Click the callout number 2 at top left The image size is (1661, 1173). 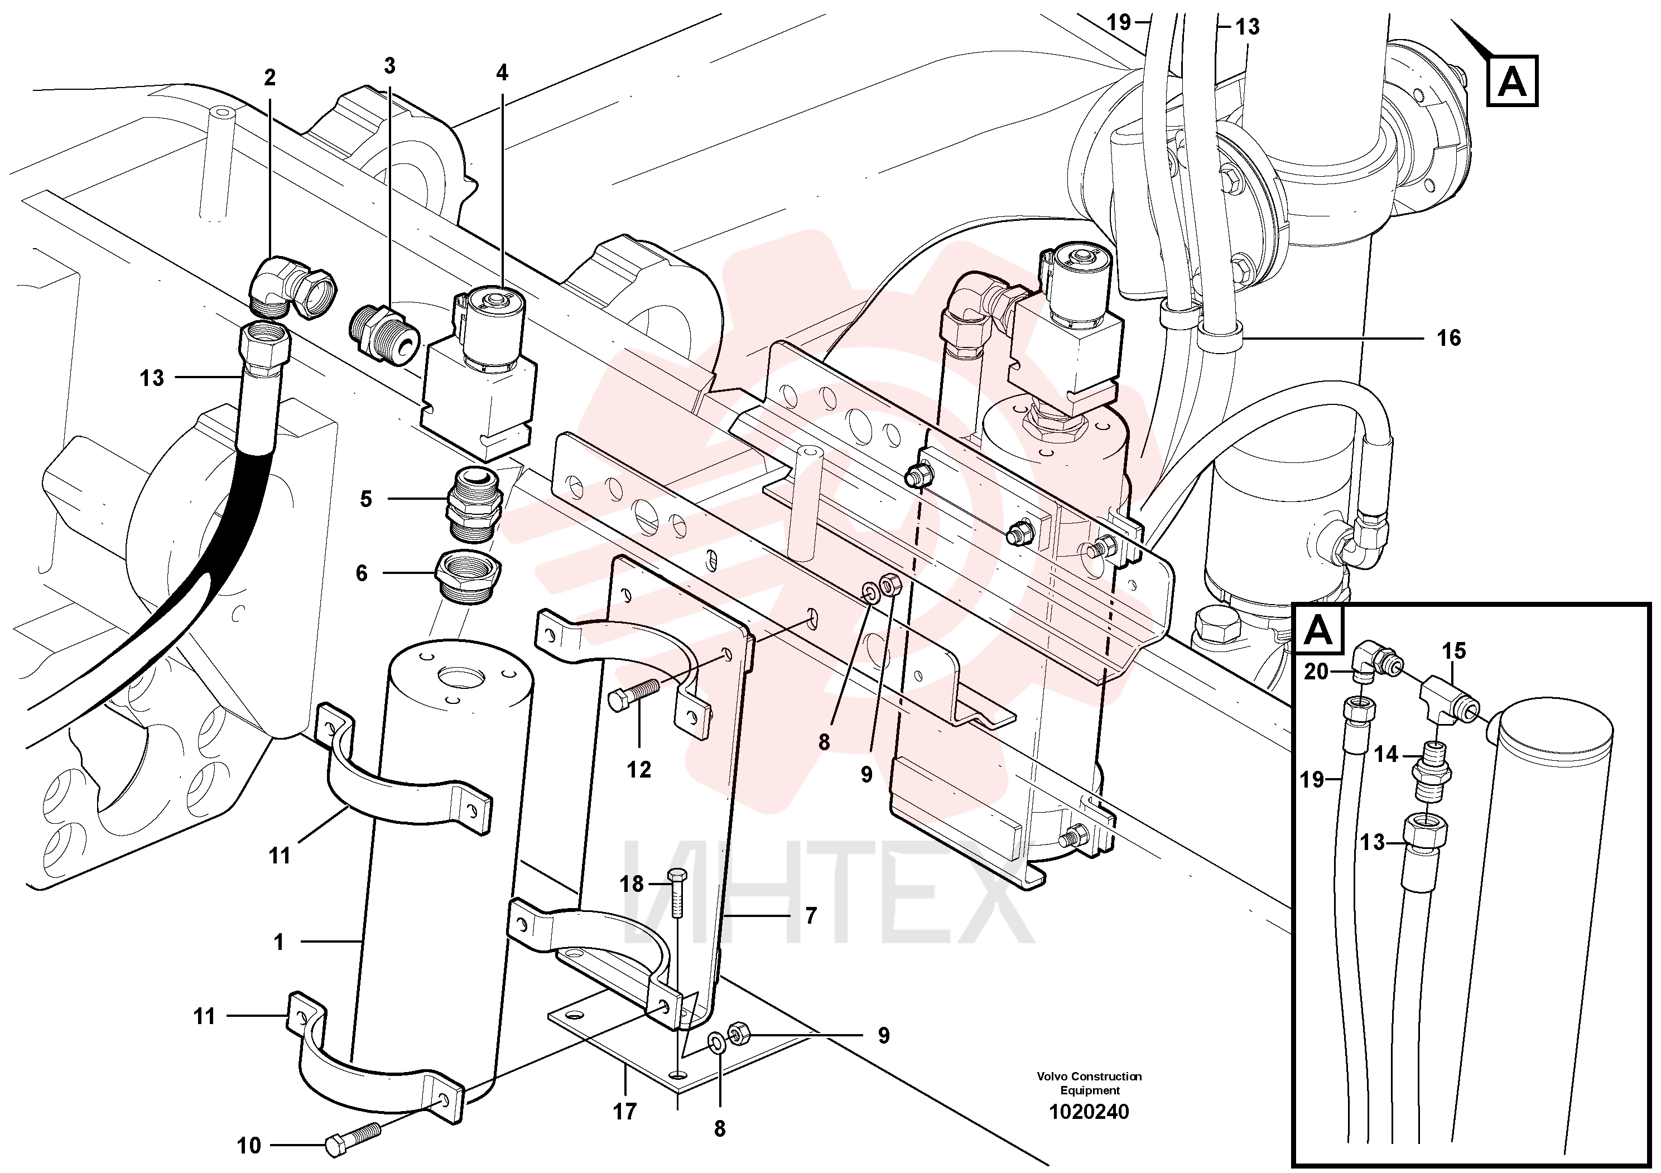tap(270, 78)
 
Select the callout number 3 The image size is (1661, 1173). tap(390, 66)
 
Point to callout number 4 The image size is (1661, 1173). tap(502, 73)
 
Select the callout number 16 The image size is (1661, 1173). tap(1448, 337)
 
